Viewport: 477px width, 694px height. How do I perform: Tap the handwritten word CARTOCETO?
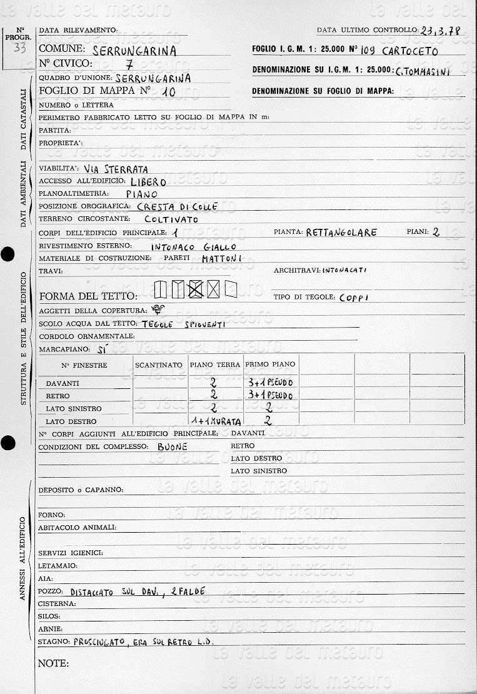[409, 51]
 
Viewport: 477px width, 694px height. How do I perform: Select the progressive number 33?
[19, 50]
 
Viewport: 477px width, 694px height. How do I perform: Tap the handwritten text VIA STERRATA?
[116, 169]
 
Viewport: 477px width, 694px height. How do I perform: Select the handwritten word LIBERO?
[148, 182]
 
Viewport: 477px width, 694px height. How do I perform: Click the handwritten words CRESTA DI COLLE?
[177, 206]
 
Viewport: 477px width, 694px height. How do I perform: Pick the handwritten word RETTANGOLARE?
[341, 233]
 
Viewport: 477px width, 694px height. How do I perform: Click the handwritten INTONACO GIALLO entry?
[194, 246]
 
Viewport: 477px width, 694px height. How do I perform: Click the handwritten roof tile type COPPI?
[354, 298]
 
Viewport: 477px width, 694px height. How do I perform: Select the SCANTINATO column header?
[159, 365]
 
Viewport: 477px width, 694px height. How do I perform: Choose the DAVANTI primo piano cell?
[270, 382]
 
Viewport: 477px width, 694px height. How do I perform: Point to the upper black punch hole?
[7, 254]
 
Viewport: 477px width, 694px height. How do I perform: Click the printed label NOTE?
[53, 663]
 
